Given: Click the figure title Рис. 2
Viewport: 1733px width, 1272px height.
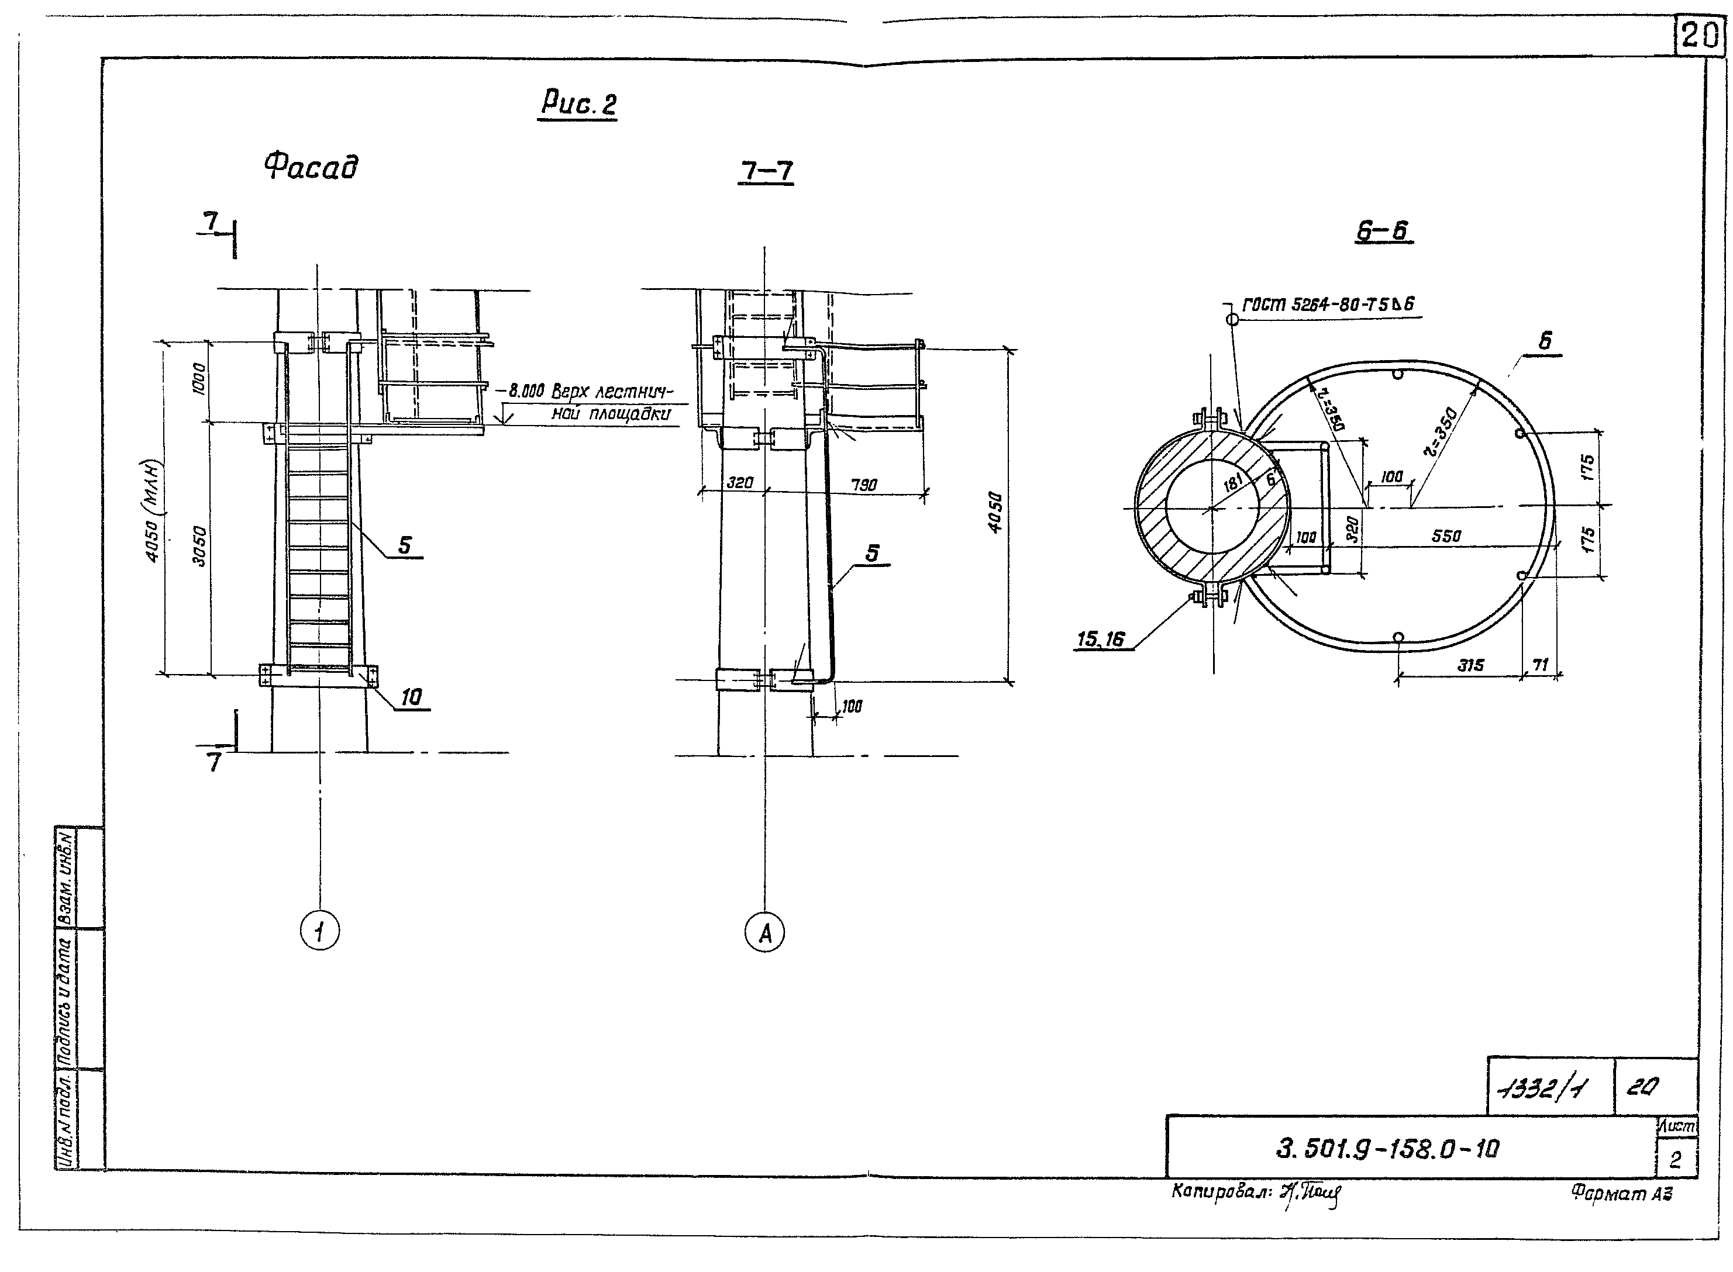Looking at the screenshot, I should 578,103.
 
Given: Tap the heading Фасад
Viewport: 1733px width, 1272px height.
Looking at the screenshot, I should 311,167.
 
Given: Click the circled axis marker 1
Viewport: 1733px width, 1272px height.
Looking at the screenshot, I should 320,932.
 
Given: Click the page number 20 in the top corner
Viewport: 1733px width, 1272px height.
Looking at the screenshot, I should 1698,36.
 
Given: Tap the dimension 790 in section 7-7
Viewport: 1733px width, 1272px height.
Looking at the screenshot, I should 863,485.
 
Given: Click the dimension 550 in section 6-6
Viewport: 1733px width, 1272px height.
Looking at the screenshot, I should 1446,536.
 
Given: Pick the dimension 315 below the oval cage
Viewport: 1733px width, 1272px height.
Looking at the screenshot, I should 1470,665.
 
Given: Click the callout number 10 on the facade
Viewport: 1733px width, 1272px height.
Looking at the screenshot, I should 411,697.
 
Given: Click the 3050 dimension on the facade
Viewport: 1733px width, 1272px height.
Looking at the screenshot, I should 199,546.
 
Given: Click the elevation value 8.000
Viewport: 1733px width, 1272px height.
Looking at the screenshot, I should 525,392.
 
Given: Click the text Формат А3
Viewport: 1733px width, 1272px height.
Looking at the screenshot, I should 1621,1192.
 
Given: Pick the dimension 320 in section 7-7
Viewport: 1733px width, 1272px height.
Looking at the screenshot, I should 739,483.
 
